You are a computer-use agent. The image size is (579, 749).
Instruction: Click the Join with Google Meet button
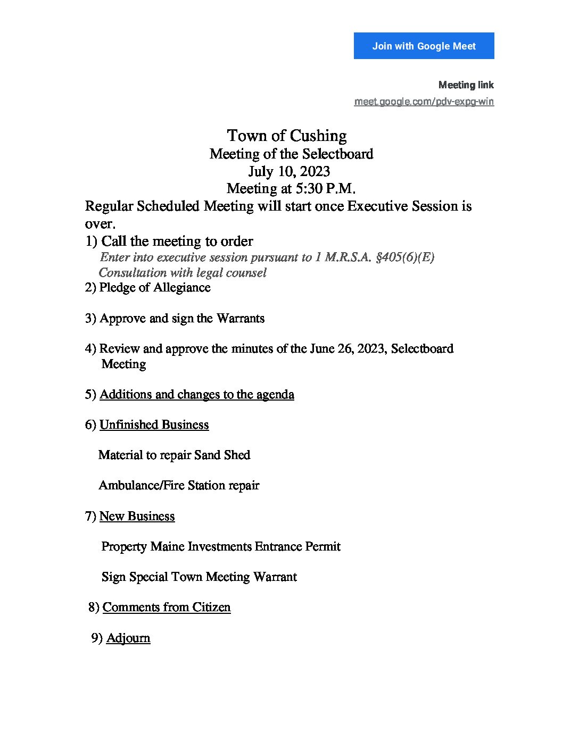(x=424, y=46)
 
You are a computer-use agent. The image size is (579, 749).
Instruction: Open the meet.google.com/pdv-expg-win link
(x=424, y=102)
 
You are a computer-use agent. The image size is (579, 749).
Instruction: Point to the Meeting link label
(x=466, y=85)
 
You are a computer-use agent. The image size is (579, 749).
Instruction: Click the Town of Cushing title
(x=287, y=136)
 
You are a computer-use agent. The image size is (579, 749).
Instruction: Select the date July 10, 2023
(x=289, y=171)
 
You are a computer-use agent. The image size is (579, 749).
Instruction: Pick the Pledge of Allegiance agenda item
(x=154, y=288)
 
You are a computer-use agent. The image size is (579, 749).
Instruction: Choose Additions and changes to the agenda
(x=196, y=395)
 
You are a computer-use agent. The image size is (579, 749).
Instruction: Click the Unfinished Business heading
(x=154, y=425)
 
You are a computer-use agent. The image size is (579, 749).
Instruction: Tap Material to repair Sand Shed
(x=174, y=455)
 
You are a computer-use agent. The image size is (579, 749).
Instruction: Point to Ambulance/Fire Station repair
(x=179, y=486)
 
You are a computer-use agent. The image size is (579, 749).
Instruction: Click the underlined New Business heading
(x=137, y=517)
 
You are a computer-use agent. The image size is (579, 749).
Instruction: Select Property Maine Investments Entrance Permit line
(x=220, y=547)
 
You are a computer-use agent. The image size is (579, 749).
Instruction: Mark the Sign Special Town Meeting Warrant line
(x=199, y=577)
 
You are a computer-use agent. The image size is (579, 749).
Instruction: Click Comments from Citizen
(x=166, y=607)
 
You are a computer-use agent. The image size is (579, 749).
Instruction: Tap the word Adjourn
(x=128, y=638)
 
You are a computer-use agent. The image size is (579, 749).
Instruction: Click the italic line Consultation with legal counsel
(x=183, y=273)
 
